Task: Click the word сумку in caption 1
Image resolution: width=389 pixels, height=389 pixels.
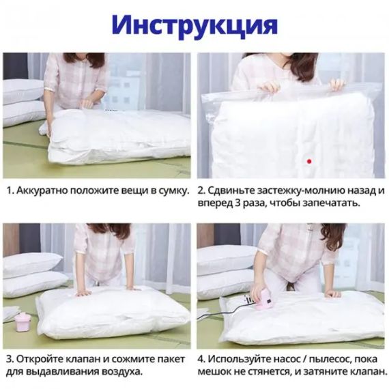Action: pos(173,190)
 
